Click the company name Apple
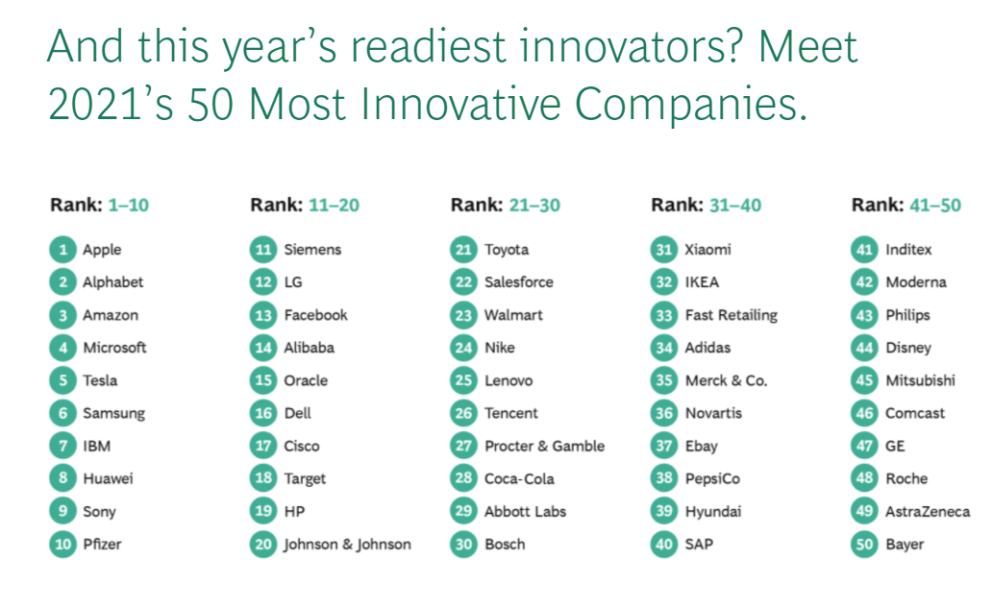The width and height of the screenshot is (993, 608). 102,250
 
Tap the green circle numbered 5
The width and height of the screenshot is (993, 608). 62,380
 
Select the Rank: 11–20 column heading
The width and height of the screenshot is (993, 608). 305,205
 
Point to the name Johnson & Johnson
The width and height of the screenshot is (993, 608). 347,545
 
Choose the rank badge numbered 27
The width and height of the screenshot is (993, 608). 464,446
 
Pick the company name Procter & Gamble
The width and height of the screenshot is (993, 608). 544,446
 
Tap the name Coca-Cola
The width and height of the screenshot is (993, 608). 519,478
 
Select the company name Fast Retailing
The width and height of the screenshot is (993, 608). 731,315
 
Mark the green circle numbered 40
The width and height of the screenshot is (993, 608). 664,545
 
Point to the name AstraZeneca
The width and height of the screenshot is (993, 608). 927,512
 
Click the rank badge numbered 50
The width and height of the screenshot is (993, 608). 865,545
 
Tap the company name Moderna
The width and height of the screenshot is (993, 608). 915,282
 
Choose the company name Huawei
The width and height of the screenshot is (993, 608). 108,478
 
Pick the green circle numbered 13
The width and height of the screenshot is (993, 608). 263,315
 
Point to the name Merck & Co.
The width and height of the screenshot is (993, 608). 726,380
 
